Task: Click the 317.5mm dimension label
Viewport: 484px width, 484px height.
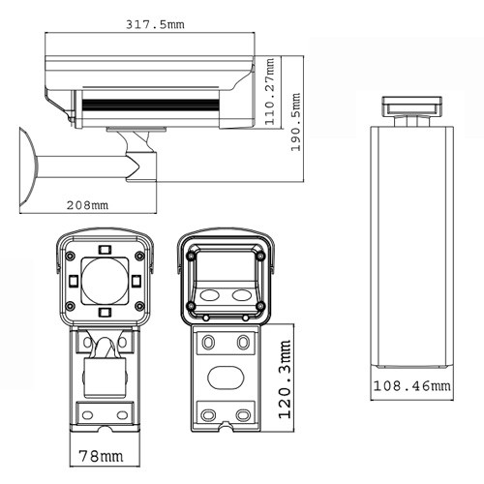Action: (159, 24)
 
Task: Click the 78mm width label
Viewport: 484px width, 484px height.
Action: (102, 453)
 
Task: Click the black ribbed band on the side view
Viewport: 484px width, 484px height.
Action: (149, 103)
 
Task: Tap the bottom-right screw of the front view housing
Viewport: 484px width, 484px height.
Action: (139, 307)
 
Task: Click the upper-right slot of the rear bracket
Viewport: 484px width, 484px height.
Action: (242, 342)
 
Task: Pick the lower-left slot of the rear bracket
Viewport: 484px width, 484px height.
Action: (207, 413)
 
